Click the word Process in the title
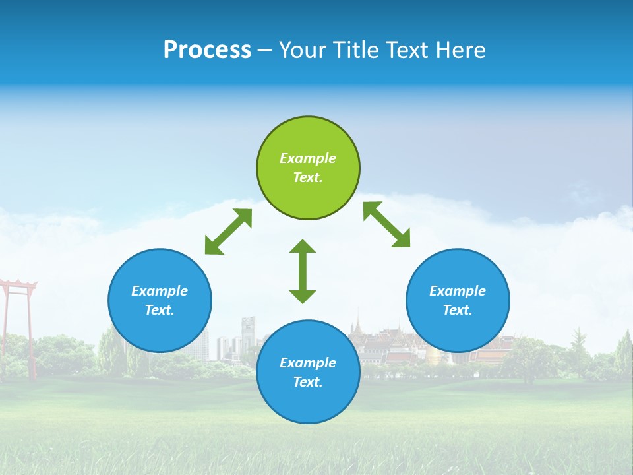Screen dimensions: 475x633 coord(207,50)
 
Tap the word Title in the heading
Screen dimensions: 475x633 coord(353,50)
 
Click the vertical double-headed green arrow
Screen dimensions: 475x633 coord(303,271)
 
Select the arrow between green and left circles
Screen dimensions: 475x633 coord(228,232)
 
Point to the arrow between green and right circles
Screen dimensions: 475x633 coord(387,224)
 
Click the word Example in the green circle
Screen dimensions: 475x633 coord(308,158)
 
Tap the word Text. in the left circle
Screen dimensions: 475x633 coord(160,310)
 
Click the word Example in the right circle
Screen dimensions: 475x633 coord(458,291)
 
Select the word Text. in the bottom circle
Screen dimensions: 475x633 coord(308,382)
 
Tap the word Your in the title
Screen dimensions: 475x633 coord(299,50)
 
